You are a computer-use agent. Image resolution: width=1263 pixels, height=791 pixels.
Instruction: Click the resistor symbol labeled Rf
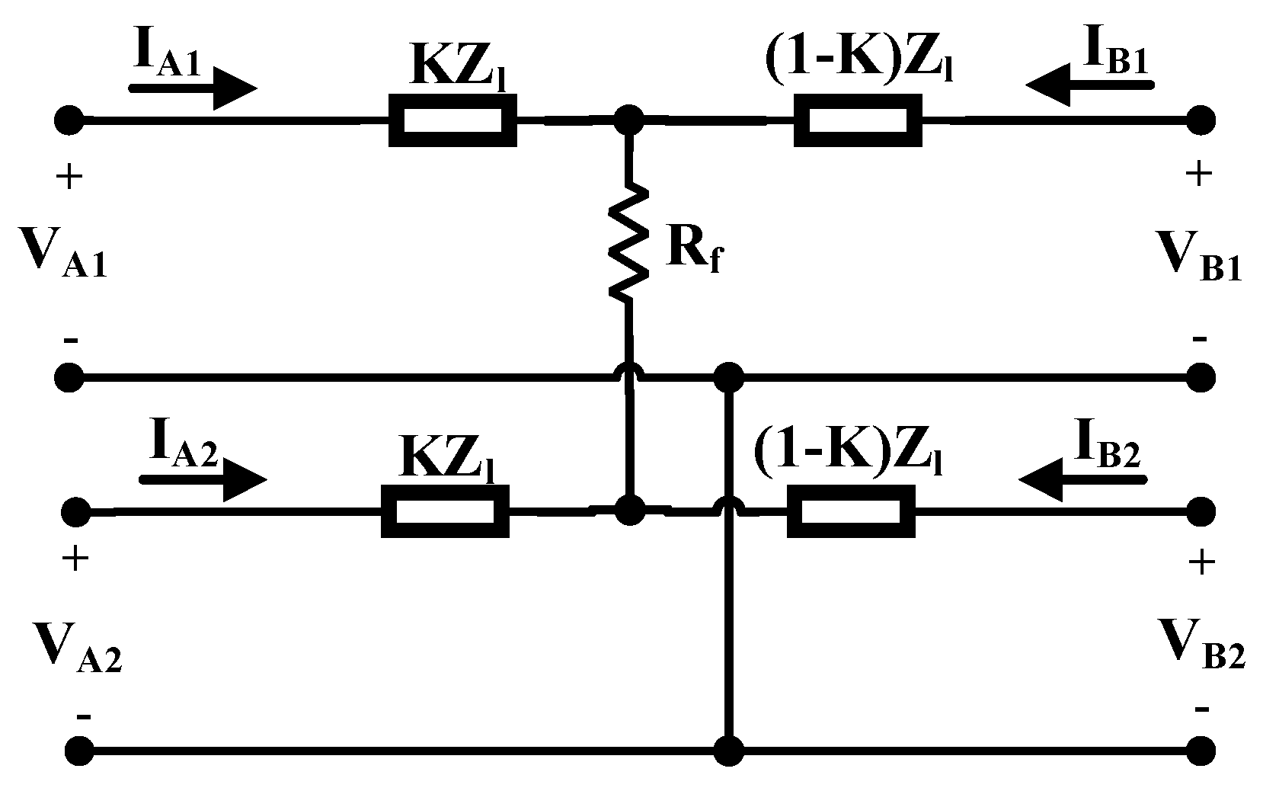pos(629,240)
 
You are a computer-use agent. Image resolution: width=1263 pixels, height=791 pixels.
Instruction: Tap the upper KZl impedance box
pos(452,120)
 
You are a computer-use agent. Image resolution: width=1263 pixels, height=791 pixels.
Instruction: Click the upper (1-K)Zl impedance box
pos(858,120)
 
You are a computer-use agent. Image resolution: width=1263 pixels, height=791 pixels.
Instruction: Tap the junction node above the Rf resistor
pos(629,120)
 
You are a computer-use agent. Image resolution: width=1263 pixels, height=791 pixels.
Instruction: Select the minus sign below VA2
pos(84,716)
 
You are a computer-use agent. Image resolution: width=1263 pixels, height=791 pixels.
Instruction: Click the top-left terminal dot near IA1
pos(69,120)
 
